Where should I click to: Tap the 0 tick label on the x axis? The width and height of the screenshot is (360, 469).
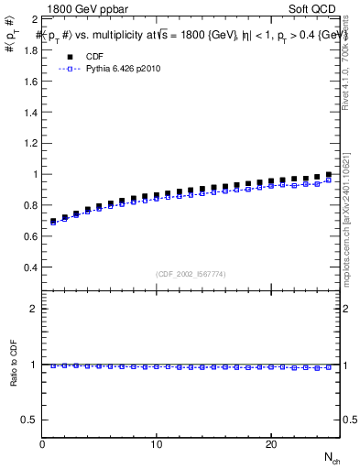[x=42, y=443]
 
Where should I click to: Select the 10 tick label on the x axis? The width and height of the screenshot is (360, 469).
[x=157, y=443]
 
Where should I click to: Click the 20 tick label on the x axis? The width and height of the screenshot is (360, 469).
[x=271, y=443]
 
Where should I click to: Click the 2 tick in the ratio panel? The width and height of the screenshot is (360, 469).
[x=34, y=309]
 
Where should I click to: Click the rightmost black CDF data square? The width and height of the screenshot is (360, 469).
[x=328, y=174]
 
